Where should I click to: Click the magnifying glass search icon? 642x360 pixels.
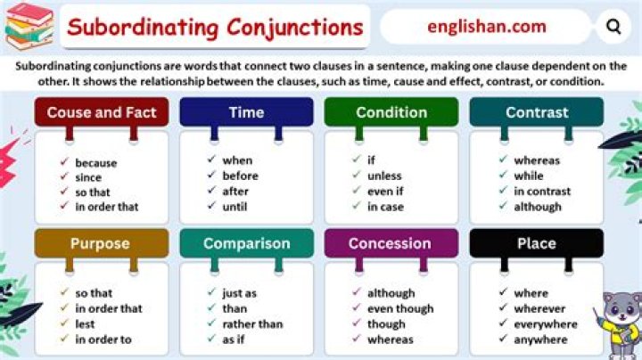[613, 27]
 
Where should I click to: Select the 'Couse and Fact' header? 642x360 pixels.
[101, 112]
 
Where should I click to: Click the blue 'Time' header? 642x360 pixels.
[246, 112]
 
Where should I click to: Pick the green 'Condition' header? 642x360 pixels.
[391, 112]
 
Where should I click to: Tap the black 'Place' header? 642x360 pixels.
[536, 243]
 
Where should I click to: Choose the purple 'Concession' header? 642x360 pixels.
[391, 243]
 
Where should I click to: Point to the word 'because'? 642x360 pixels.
[95, 163]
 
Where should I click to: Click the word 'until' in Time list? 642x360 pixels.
[235, 206]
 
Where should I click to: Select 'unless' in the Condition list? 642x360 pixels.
[384, 176]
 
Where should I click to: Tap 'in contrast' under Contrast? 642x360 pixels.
[541, 191]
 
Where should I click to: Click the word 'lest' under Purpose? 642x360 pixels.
[85, 324]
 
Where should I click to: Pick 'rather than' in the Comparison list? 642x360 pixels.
[252, 324]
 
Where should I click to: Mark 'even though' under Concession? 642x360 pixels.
[400, 308]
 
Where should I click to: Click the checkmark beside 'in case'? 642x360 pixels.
[356, 206]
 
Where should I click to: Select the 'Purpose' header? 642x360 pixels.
[101, 243]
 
